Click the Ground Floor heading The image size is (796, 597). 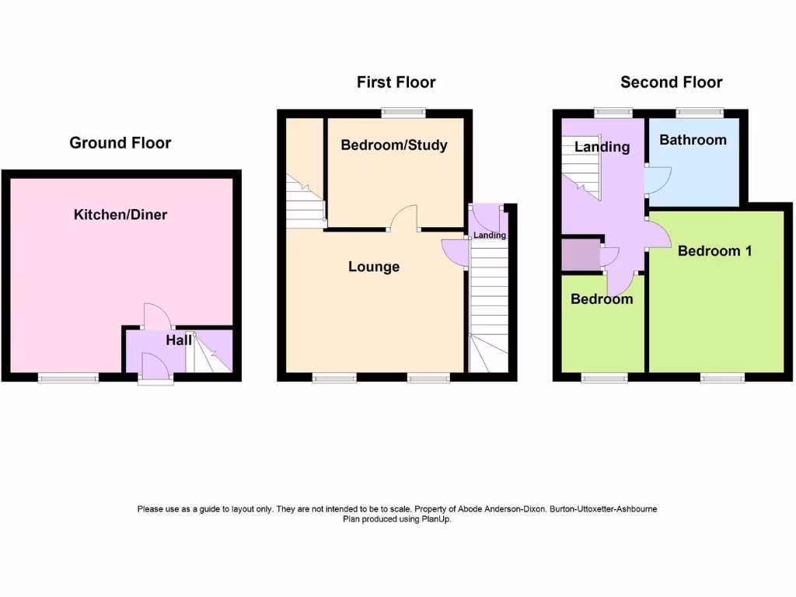point(120,142)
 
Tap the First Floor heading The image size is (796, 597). point(396,82)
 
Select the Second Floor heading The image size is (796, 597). point(671,82)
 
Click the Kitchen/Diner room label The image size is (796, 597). point(120,215)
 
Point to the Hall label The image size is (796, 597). point(178,340)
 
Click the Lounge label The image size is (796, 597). point(373,267)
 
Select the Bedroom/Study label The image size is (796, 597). point(394,145)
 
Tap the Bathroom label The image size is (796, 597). point(693,140)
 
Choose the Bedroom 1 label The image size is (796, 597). point(714,251)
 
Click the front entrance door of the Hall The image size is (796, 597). point(153,366)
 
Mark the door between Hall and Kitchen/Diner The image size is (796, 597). point(157,315)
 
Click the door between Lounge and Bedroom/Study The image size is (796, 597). point(403,218)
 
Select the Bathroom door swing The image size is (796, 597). point(656,180)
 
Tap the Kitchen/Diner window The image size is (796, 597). point(68,378)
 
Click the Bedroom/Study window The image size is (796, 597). point(403,113)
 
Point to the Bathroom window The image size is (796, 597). point(699,113)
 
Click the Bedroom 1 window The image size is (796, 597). point(723,378)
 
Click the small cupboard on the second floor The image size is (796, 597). point(580,255)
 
